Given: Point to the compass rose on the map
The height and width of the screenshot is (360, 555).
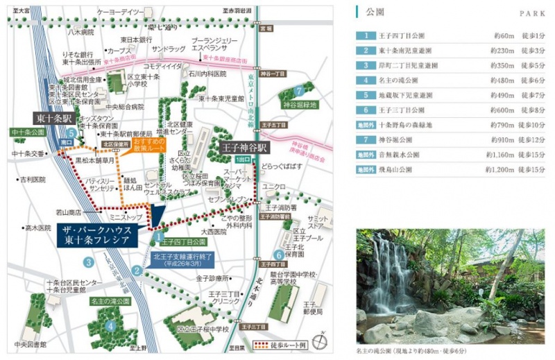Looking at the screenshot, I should (x=320, y=340).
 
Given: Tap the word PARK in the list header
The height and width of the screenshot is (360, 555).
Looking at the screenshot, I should (x=530, y=14).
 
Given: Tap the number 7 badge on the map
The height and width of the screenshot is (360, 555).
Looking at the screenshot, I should (x=298, y=90).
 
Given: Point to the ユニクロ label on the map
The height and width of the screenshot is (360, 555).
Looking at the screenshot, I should (x=275, y=186).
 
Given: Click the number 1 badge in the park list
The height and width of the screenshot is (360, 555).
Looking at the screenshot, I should (x=365, y=35).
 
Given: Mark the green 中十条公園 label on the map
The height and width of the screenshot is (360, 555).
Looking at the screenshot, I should (x=28, y=131).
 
